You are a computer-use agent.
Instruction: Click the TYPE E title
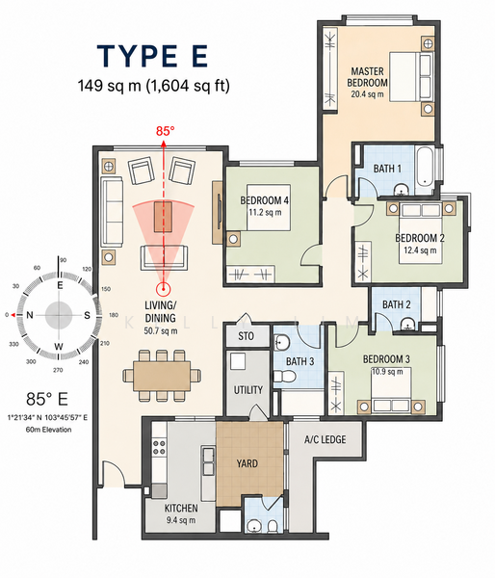pos(152,56)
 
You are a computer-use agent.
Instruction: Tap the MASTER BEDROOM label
pos(367,77)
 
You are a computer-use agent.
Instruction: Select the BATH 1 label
pos(387,169)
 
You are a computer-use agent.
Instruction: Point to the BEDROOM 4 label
pos(264,200)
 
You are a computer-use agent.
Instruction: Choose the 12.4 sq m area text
pos(420,250)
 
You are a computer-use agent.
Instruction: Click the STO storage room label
pos(246,336)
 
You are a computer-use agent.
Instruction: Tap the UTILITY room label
pos(248,389)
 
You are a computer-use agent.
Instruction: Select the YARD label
pos(247,463)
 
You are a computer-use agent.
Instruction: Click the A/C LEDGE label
pos(326,439)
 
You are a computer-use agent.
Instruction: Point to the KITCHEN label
pos(181,508)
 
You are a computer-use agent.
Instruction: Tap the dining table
pos(162,376)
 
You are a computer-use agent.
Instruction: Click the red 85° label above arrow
pos(165,131)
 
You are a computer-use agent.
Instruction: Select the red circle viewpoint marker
pos(163,289)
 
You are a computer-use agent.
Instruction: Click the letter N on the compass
pos(30,315)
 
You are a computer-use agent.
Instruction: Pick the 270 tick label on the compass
pos(58,370)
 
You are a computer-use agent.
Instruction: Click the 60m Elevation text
pos(48,430)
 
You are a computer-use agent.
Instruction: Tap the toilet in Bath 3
pos(284,377)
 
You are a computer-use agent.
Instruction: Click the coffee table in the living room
pos(164,217)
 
